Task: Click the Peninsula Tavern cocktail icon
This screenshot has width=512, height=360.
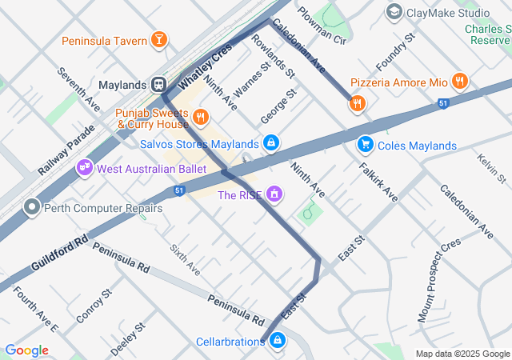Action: click(x=159, y=40)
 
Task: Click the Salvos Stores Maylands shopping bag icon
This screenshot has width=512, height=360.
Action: click(x=271, y=144)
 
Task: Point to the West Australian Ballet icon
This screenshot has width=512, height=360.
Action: click(x=84, y=169)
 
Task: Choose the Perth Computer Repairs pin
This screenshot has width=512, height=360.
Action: click(x=33, y=208)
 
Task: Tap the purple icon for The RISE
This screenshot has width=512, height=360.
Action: click(x=274, y=194)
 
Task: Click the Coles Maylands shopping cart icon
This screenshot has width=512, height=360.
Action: click(x=365, y=145)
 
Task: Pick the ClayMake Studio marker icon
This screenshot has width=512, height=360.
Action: click(x=394, y=12)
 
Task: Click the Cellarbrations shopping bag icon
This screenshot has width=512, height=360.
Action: click(x=276, y=342)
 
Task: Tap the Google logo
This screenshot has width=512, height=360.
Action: click(x=26, y=350)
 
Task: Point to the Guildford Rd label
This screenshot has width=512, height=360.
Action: click(x=59, y=253)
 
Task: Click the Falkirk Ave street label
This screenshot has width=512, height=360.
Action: click(x=378, y=182)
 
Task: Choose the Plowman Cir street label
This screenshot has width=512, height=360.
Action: click(x=321, y=26)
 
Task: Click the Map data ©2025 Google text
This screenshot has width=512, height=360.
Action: click(x=462, y=354)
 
